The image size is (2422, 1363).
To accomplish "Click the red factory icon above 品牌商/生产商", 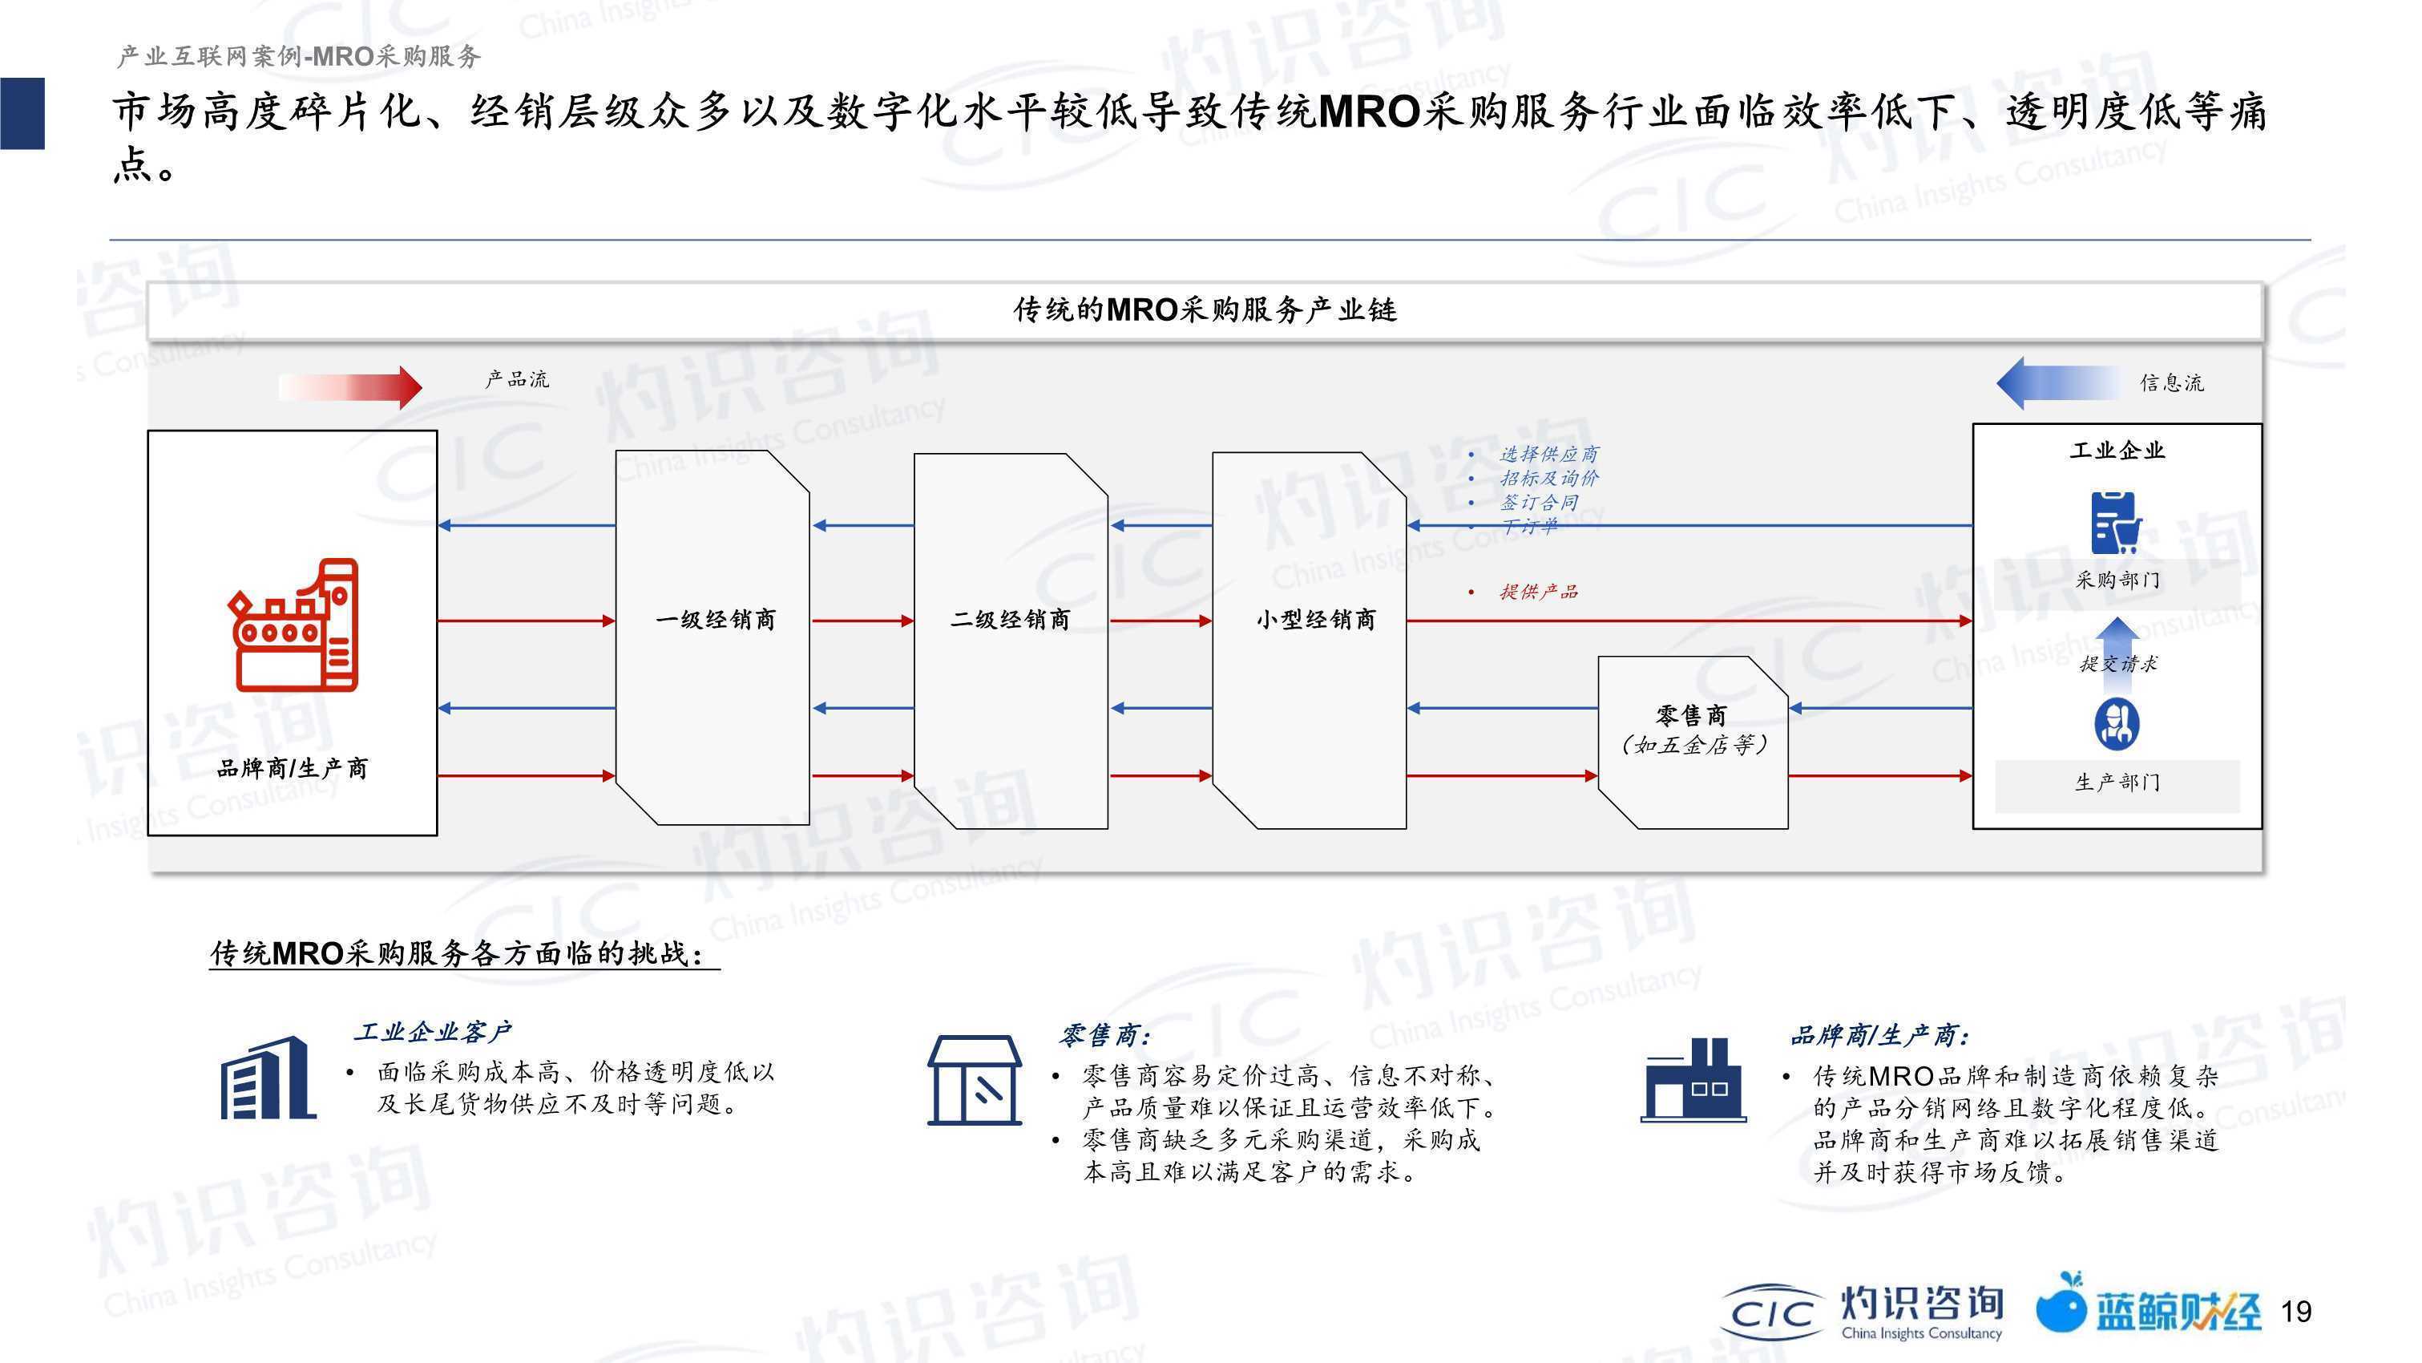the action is (293, 625).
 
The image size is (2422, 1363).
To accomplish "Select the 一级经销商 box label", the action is (716, 620).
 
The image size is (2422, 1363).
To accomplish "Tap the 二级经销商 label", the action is (1011, 620).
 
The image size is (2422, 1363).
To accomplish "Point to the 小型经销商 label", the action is (1316, 620).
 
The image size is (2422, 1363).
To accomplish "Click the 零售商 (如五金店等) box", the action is (1693, 742).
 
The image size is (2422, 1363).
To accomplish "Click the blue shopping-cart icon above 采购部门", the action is (2117, 522).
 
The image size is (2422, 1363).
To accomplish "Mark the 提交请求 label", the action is (2118, 664).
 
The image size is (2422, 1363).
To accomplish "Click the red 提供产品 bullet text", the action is (1538, 592).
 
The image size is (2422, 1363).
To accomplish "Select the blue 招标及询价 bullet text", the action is (1548, 478).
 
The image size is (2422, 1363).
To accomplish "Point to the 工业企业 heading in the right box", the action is (2117, 451).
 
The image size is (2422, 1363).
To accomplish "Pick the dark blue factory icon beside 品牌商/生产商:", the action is (1693, 1080).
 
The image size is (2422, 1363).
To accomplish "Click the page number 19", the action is (2296, 1311).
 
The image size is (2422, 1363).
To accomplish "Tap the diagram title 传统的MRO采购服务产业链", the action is (1205, 309).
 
